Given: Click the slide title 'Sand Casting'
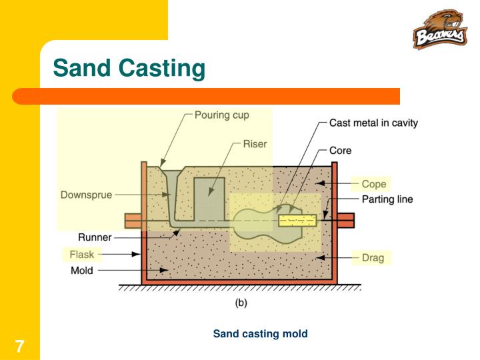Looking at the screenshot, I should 129,68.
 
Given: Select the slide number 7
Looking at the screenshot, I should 20,346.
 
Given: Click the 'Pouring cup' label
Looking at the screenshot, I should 221,115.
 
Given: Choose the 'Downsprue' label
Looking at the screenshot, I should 87,195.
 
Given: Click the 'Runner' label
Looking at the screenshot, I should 95,236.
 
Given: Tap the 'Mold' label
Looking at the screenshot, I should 82,271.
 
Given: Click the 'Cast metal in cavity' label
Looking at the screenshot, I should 373,123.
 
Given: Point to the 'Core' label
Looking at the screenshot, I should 340,151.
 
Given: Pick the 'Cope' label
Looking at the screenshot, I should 373,184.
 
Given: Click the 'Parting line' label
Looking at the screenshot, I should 387,199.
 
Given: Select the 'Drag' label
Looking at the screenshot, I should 373,257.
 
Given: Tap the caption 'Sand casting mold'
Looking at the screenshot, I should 260,333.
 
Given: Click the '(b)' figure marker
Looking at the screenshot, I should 241,302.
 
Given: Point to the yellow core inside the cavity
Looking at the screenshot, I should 297,221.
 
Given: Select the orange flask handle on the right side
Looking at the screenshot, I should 345,220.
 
